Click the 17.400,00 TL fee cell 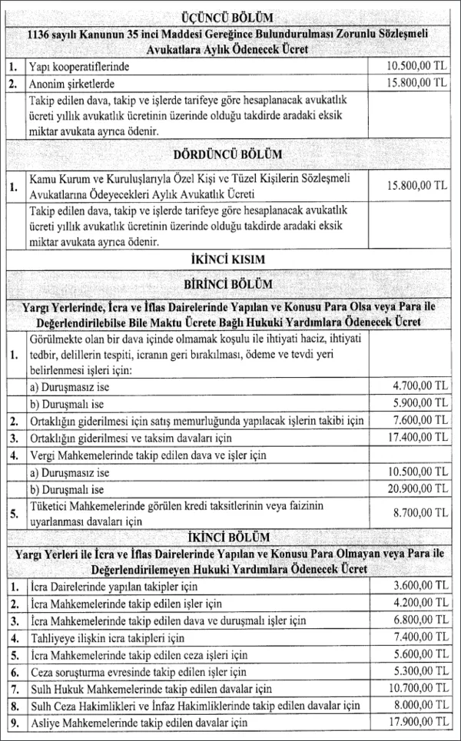coord(415,438)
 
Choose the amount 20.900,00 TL coord(415,490)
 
